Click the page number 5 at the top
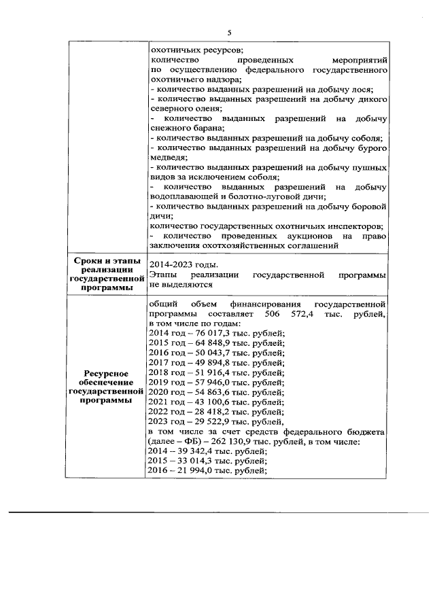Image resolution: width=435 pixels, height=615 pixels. click(x=229, y=33)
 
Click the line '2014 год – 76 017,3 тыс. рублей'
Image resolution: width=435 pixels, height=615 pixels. click(x=216, y=333)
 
